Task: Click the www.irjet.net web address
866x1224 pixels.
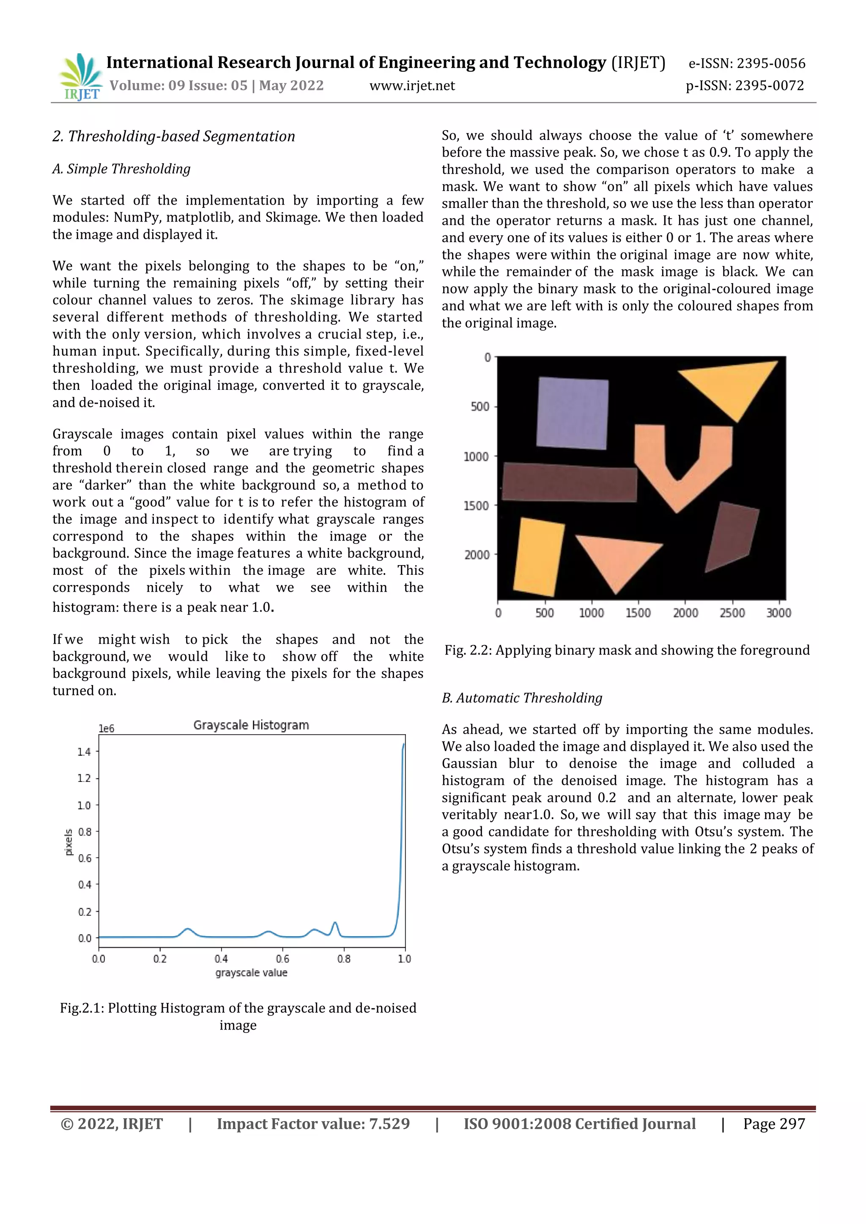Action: tap(412, 86)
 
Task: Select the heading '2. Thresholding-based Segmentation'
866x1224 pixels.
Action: tap(173, 137)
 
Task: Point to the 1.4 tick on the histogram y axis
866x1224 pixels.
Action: tap(84, 751)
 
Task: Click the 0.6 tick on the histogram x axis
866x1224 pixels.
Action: tap(282, 959)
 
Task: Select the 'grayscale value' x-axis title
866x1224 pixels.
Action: tap(251, 973)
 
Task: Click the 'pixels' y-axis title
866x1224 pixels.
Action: tap(68, 842)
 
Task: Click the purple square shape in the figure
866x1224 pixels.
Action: tap(572, 413)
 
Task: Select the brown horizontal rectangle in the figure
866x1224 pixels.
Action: tap(570, 482)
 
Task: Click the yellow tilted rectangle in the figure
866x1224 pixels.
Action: tap(539, 557)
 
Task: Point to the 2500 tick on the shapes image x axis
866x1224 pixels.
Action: tap(732, 613)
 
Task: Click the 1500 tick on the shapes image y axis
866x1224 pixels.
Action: tap(476, 505)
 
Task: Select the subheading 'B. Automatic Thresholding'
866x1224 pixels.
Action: tap(522, 698)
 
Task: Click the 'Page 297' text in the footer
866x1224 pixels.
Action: tap(774, 1124)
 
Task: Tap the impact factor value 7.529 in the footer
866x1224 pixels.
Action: tap(389, 1124)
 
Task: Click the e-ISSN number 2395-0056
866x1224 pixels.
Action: tap(770, 63)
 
